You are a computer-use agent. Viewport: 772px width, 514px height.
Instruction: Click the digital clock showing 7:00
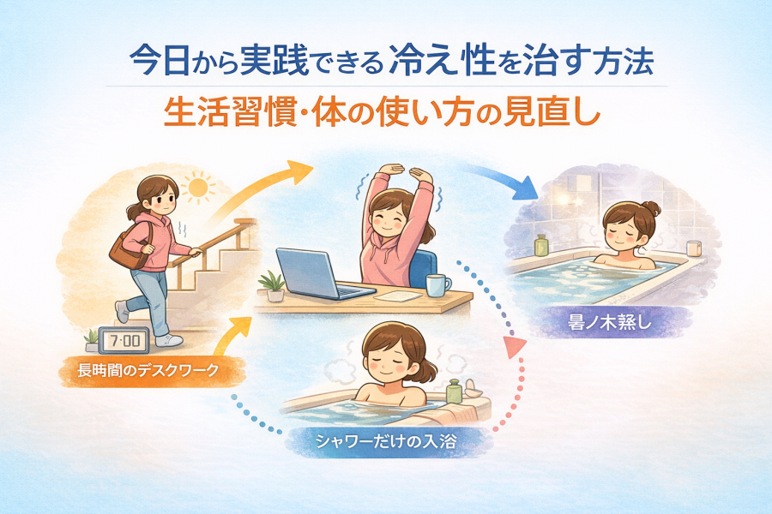coord(123,340)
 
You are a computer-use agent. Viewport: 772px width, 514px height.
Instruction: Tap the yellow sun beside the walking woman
coord(198,188)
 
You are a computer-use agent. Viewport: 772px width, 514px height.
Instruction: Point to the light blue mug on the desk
coord(437,285)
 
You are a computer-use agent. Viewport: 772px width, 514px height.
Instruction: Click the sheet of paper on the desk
coord(398,296)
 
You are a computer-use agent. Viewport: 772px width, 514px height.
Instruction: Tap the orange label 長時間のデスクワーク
coord(148,370)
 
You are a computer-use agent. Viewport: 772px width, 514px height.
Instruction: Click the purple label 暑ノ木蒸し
coord(610,323)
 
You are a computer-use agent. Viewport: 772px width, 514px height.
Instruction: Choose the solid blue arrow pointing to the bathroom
coord(502,181)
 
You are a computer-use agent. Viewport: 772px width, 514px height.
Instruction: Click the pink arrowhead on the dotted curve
coord(514,346)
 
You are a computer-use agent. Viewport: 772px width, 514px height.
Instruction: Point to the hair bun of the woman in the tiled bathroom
coord(652,208)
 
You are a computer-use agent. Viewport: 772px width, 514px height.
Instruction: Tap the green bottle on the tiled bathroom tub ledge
coord(541,246)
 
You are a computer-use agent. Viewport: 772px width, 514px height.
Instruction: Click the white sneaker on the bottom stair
coord(168,340)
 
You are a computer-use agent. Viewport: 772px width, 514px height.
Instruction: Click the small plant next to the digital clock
coord(92,341)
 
